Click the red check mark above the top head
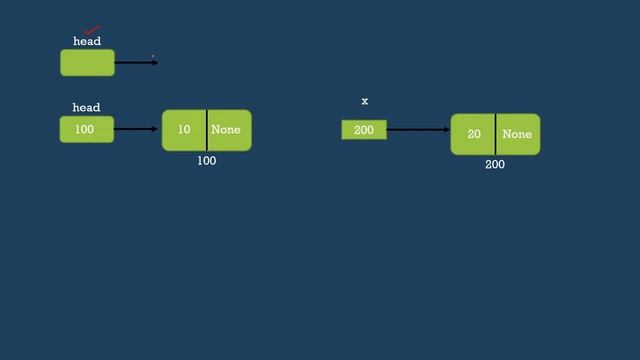click(92, 30)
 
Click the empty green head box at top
click(87, 63)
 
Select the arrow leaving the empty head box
click(136, 63)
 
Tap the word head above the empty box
click(87, 42)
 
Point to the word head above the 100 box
click(86, 108)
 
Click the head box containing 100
click(87, 129)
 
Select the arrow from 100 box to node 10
click(138, 129)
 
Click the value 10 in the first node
click(184, 130)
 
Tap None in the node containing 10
click(226, 130)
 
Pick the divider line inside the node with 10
click(207, 130)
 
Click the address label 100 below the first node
click(206, 161)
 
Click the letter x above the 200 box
click(365, 102)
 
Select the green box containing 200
click(364, 130)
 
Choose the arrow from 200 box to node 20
click(418, 130)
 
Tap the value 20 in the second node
click(474, 134)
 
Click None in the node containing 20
click(517, 134)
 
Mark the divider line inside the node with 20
click(495, 134)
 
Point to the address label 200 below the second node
click(495, 165)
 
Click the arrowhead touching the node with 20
click(446, 130)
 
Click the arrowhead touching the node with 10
click(158, 129)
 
